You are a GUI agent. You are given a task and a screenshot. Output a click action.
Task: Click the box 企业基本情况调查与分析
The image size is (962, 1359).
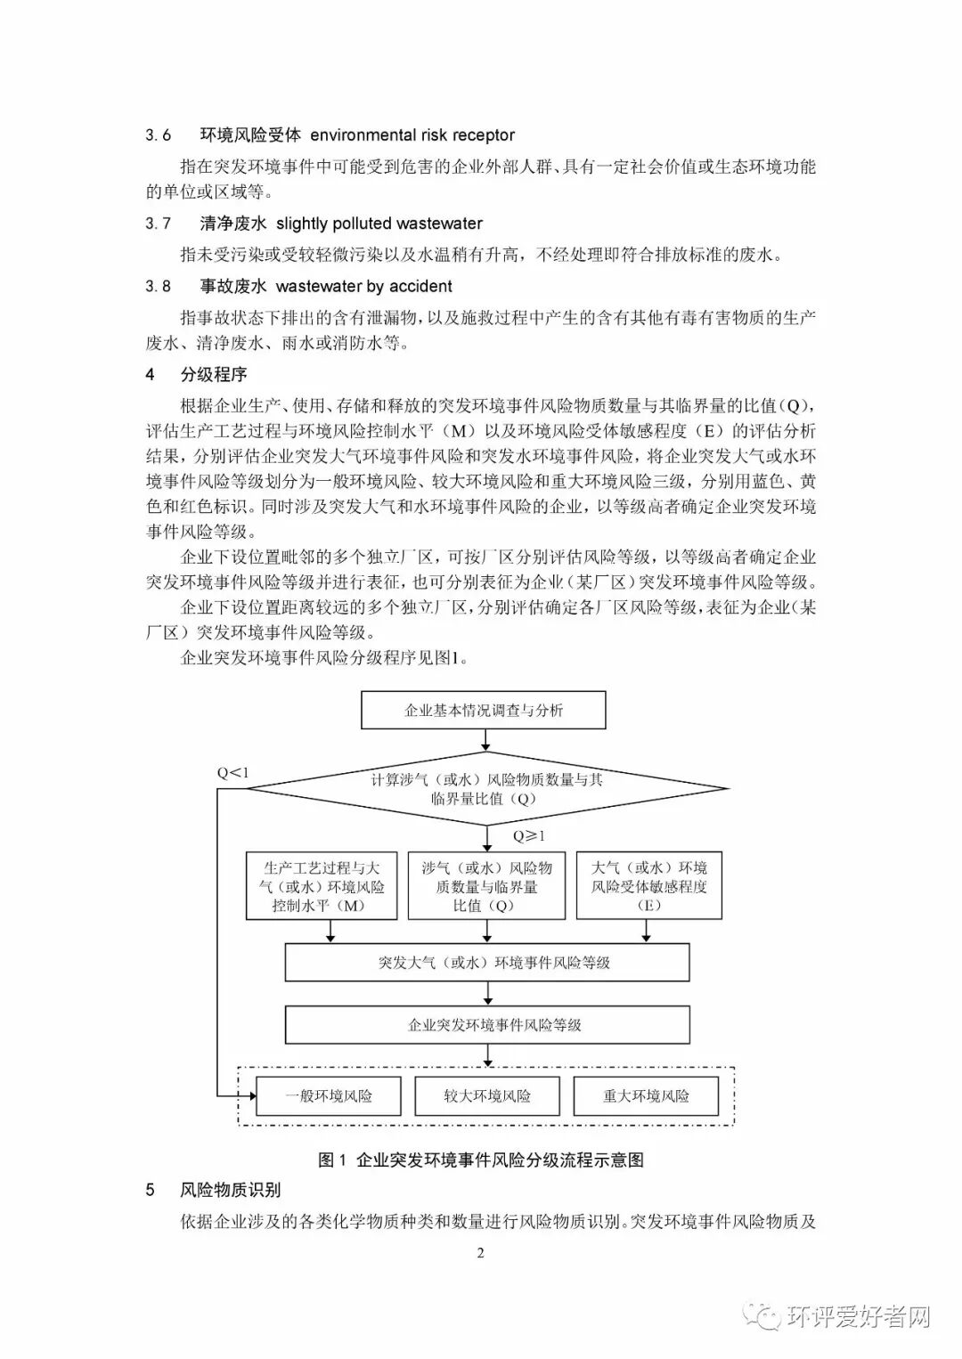[484, 711]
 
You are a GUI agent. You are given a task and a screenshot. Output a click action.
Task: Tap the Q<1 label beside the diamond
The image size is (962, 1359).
[232, 772]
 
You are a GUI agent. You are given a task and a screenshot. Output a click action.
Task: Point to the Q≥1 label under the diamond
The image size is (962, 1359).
[529, 836]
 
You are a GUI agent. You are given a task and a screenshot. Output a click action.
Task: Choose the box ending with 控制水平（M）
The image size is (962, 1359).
[322, 886]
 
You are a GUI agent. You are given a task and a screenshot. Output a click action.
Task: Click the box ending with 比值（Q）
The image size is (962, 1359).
[486, 886]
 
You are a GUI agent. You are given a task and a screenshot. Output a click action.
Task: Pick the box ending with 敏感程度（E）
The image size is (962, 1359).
[649, 886]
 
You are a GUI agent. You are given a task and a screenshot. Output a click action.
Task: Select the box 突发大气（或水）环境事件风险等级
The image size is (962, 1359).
[486, 963]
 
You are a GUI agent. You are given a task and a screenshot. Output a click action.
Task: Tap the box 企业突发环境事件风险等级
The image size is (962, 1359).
[486, 1025]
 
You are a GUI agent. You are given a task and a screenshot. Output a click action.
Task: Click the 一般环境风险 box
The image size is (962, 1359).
[329, 1096]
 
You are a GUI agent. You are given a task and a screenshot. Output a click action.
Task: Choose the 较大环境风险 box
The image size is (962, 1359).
[487, 1096]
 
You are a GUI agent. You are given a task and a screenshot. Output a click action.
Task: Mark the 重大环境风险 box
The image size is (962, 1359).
[646, 1096]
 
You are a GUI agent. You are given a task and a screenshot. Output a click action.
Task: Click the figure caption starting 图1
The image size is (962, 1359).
[481, 1160]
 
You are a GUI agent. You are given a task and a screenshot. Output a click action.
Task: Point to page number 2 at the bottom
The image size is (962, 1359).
[481, 1254]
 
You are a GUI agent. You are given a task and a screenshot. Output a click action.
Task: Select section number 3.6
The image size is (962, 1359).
[159, 135]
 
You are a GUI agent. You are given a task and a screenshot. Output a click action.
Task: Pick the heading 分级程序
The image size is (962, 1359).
[214, 374]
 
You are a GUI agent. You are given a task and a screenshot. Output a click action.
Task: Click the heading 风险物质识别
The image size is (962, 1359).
[231, 1190]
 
